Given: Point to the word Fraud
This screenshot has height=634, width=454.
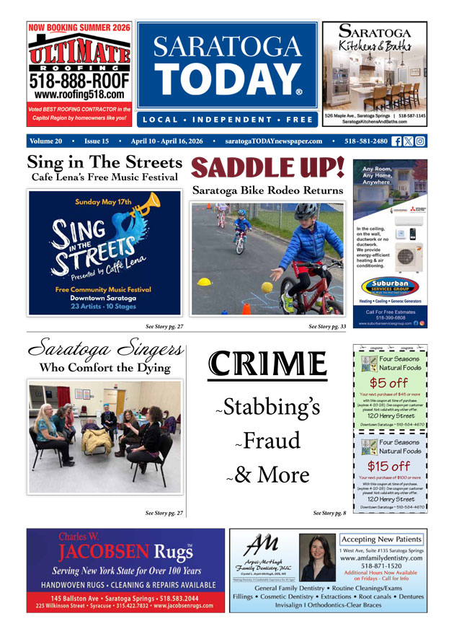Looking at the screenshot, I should [272, 441].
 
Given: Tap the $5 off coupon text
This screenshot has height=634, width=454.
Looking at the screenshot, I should [389, 383].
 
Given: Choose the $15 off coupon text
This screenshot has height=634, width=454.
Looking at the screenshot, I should [389, 466].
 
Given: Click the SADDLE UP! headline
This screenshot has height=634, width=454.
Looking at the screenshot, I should [267, 169].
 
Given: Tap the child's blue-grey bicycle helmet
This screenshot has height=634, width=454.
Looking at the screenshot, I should [306, 212].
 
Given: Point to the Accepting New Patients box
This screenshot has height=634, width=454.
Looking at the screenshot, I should [381, 540].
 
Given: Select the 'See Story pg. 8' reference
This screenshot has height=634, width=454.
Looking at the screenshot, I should [329, 513].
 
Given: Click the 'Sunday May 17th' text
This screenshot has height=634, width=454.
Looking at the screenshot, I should [103, 202].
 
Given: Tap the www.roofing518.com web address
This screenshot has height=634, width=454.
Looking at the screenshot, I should [79, 94].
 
